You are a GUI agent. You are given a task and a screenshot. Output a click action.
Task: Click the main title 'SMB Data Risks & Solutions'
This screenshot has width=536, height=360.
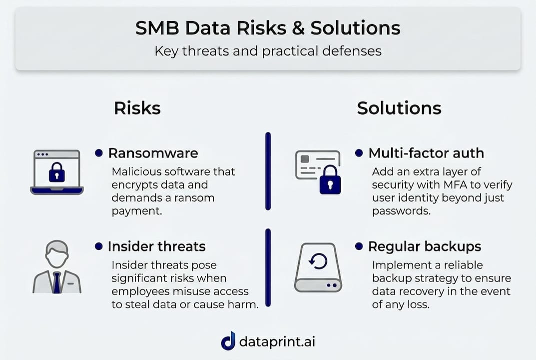point(268,27)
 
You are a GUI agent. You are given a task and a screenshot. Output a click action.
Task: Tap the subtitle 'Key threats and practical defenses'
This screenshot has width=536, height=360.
point(268,51)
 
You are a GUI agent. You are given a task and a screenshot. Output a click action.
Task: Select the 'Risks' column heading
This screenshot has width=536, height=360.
point(137,108)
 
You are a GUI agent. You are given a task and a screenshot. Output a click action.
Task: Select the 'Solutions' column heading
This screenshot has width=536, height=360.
point(399,108)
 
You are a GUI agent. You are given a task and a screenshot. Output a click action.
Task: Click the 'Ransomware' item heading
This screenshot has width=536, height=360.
point(153,153)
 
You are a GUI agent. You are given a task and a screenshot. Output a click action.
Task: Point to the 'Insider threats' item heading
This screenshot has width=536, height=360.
point(156,246)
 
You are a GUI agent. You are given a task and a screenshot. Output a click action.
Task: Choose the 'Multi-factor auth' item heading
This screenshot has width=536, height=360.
point(426,153)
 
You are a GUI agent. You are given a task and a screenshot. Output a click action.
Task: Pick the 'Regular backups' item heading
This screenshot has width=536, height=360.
point(425,246)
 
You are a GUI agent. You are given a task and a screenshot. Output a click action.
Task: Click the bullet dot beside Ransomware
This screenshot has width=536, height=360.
point(99,153)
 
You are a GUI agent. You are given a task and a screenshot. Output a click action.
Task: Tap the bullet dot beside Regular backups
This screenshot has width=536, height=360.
point(359,246)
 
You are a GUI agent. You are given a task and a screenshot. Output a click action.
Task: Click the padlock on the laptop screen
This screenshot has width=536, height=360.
point(57,172)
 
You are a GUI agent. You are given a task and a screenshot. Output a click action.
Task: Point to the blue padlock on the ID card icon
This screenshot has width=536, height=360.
point(330,180)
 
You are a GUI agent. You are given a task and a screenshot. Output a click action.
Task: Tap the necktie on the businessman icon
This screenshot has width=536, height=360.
point(57,282)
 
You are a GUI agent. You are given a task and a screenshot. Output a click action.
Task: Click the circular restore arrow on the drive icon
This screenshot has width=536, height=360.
point(318,261)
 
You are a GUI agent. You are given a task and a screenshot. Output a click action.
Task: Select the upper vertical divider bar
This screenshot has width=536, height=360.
point(268,171)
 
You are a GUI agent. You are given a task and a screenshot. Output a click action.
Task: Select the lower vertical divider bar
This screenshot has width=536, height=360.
point(268,267)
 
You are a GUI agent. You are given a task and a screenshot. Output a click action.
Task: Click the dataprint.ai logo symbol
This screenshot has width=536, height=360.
point(228,341)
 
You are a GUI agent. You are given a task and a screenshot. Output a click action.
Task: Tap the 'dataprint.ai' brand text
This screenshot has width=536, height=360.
point(277,342)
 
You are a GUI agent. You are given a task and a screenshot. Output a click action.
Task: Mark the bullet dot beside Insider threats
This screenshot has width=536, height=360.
point(99,246)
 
